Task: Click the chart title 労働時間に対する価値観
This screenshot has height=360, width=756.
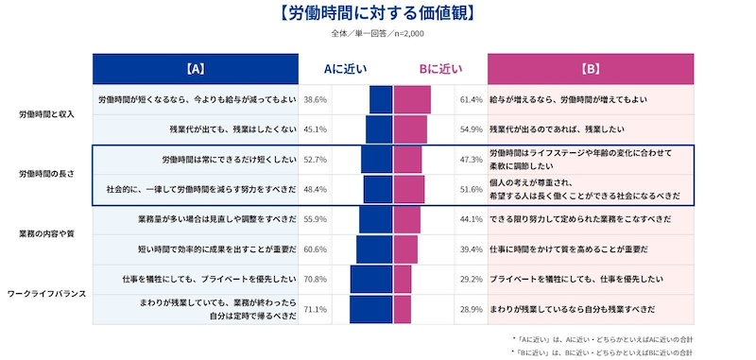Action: pyautogui.click(x=377, y=13)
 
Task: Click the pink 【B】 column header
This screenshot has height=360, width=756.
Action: pyautogui.click(x=591, y=69)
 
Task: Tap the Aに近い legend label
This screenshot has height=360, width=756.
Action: pyautogui.click(x=346, y=69)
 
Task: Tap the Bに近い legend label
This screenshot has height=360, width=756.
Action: pyautogui.click(x=440, y=69)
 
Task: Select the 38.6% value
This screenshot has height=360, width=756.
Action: pyautogui.click(x=315, y=99)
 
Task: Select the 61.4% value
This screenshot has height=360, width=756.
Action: pyautogui.click(x=471, y=99)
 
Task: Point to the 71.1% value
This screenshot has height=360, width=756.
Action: pyautogui.click(x=315, y=309)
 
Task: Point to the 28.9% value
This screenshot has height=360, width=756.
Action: pyautogui.click(x=471, y=309)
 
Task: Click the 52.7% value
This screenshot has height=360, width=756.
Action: pyautogui.click(x=315, y=160)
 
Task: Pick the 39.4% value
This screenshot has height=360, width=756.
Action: pyautogui.click(x=471, y=249)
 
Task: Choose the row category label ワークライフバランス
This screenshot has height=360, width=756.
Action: pyautogui.click(x=47, y=294)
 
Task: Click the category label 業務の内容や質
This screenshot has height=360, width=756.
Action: pyautogui.click(x=47, y=233)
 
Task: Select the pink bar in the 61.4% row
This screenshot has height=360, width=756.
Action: pyautogui.click(x=412, y=99)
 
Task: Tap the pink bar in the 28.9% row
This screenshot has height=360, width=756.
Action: pyautogui.click(x=403, y=309)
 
